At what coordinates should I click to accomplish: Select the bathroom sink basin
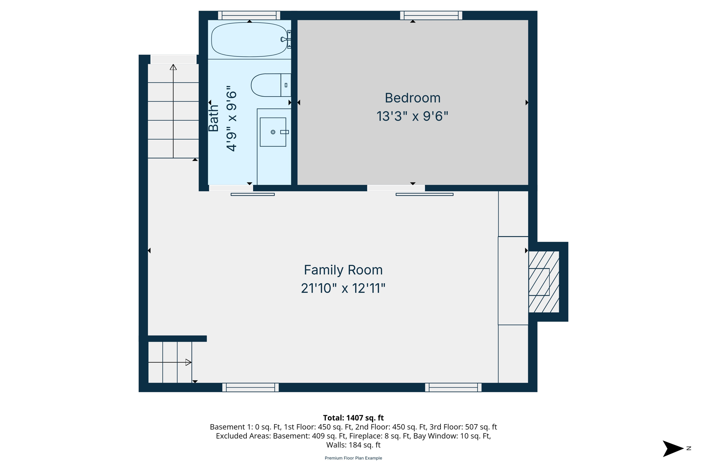tap(273, 132)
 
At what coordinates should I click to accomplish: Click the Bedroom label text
tap(413, 98)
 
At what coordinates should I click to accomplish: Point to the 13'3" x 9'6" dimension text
tap(412, 116)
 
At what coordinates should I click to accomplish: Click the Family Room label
tap(343, 270)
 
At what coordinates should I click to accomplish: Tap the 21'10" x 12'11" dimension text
tap(343, 288)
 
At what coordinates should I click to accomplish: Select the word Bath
tap(214, 118)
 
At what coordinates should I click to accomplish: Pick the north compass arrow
tap(672, 449)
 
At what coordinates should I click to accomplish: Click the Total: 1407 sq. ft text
tap(353, 418)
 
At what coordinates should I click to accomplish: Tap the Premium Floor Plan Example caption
tap(353, 458)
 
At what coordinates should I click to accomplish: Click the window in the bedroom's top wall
tap(431, 16)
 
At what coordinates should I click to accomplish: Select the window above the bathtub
tap(249, 16)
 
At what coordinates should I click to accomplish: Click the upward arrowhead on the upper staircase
tap(173, 67)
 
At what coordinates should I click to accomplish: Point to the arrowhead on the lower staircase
tap(188, 362)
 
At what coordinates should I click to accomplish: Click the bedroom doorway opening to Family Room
tap(396, 188)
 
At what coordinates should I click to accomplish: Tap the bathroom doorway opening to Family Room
tap(231, 188)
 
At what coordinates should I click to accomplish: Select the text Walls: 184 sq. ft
tap(353, 445)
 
